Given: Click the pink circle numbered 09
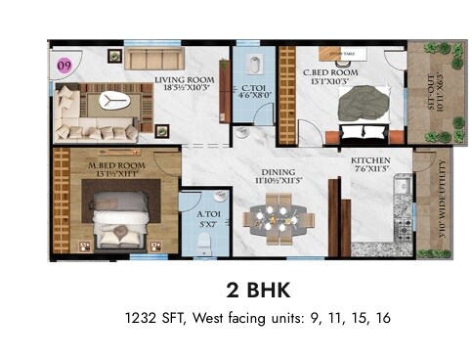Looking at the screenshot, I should (x=64, y=66).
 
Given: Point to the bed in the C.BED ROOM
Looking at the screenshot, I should (x=365, y=109).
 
